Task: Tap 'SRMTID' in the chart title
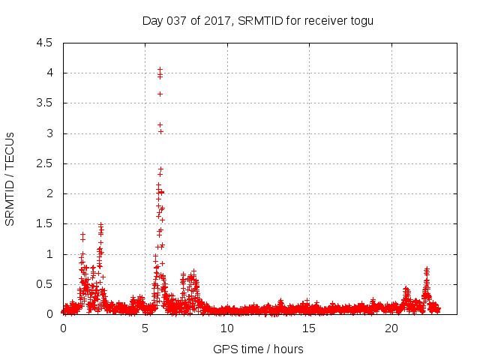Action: click(259, 20)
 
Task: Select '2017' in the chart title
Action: click(216, 20)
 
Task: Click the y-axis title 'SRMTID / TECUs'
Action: click(10, 178)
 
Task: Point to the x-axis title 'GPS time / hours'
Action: click(258, 349)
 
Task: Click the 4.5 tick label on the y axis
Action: click(45, 43)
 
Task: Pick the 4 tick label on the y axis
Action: click(49, 73)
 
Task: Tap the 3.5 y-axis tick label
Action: click(45, 103)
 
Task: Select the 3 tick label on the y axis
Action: click(49, 133)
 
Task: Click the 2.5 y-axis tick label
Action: click(45, 163)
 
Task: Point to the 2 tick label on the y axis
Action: click(49, 193)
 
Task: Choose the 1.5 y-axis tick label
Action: click(45, 223)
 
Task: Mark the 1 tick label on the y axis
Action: click(49, 254)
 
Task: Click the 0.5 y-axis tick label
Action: click(45, 284)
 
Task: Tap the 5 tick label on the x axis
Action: click(145, 328)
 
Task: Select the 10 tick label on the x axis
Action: click(227, 328)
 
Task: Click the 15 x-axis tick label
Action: click(310, 328)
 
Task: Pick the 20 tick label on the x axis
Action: click(391, 328)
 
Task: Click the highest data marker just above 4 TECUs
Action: click(160, 70)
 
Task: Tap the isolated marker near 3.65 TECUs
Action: click(160, 94)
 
